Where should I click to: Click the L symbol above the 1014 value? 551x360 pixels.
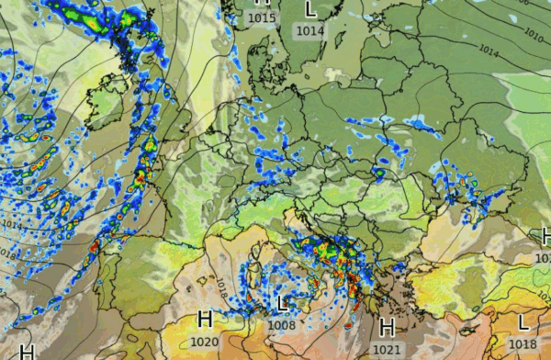click(x=310, y=10)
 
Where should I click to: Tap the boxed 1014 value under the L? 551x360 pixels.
click(x=310, y=30)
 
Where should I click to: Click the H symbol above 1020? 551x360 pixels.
click(x=206, y=321)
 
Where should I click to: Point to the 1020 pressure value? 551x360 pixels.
click(x=206, y=342)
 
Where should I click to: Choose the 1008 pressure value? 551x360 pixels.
click(x=283, y=323)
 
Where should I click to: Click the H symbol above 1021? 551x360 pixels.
click(x=387, y=328)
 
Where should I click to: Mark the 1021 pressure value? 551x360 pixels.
click(x=388, y=349)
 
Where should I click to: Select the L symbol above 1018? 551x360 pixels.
click(x=523, y=323)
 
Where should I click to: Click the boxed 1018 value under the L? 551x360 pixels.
click(x=522, y=343)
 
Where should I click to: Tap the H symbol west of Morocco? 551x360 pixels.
click(x=27, y=352)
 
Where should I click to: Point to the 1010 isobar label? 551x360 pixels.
click(x=533, y=35)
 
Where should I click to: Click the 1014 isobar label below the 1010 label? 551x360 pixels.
click(x=489, y=52)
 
